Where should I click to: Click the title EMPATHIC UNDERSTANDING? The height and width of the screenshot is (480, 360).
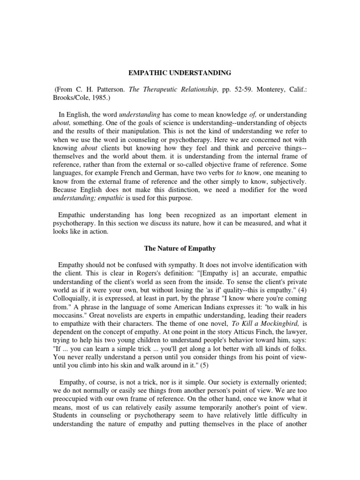(x=180, y=73)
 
